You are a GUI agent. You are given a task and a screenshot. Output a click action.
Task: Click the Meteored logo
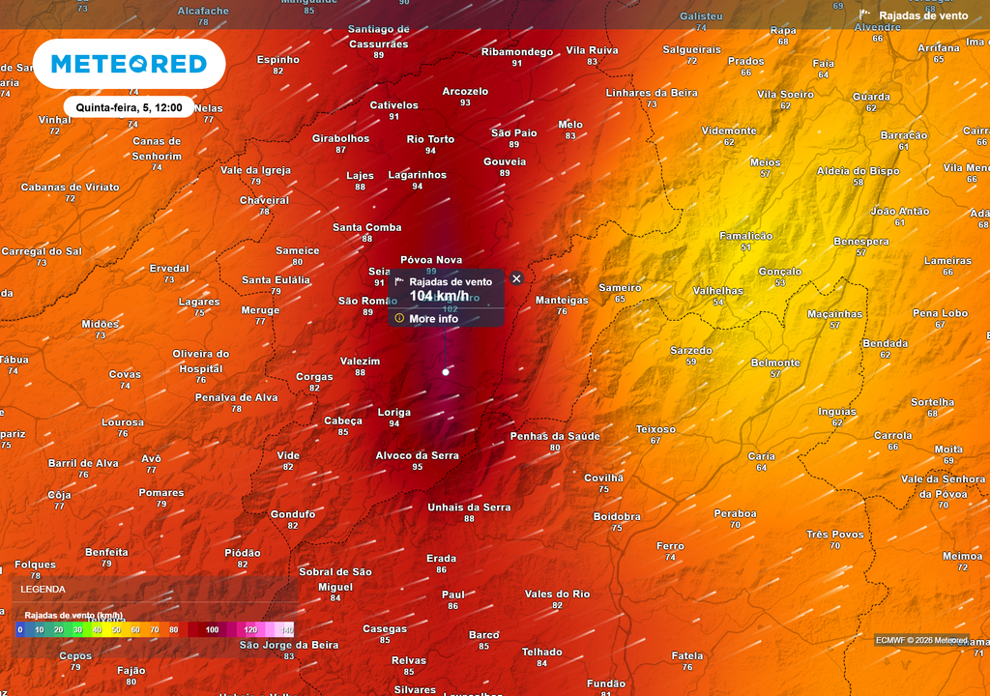[129, 64]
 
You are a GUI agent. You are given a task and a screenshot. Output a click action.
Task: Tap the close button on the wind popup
[516, 278]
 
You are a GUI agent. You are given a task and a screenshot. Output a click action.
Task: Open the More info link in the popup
[433, 319]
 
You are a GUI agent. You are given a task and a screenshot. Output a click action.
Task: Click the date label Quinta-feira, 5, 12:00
[129, 107]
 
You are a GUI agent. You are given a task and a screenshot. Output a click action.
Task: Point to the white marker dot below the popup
[446, 371]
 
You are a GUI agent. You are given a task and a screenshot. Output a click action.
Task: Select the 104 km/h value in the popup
[438, 296]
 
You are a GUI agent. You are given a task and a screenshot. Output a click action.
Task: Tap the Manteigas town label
[562, 301]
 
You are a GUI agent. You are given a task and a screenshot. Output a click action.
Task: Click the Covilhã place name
[604, 478]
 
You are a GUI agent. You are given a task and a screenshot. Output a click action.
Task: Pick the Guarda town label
[871, 97]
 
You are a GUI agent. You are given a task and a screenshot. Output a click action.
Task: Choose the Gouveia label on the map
[505, 161]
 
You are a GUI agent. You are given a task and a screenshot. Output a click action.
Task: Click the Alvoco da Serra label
[417, 455]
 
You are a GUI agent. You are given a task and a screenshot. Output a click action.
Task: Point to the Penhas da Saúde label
[555, 436]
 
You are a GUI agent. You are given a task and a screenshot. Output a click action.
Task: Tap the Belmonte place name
[775, 363]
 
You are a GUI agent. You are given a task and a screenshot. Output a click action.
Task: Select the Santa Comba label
[367, 227]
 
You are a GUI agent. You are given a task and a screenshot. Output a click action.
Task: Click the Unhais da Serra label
[469, 507]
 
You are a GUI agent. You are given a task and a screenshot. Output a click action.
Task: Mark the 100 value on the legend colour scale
[213, 629]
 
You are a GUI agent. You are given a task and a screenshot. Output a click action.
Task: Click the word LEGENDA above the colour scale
[44, 589]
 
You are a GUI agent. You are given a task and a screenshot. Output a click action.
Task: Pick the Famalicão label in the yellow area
[745, 236]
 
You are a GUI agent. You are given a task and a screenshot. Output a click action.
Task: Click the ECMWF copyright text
[920, 640]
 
